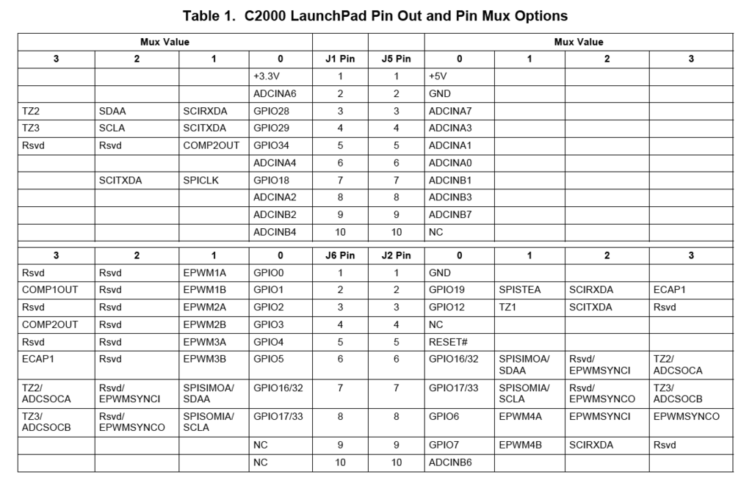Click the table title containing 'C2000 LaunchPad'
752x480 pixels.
pyautogui.click(x=375, y=15)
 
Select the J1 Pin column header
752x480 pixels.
pyautogui.click(x=340, y=59)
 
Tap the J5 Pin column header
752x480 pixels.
pyautogui.click(x=396, y=59)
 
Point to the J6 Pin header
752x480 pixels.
pyautogui.click(x=340, y=255)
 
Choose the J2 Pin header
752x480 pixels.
pyautogui.click(x=396, y=255)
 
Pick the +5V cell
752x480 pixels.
pyautogui.click(x=438, y=76)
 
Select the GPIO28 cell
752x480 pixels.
pyautogui.click(x=272, y=111)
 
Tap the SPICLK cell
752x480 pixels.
pyautogui.click(x=200, y=180)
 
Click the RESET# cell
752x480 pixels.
pyautogui.click(x=446, y=342)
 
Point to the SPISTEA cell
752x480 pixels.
pyautogui.click(x=519, y=290)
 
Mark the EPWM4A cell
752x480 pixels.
pyautogui.click(x=519, y=416)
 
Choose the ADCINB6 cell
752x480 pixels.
pyautogui.click(x=450, y=462)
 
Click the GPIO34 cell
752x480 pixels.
pyautogui.click(x=272, y=145)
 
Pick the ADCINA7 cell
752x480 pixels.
pyautogui.click(x=450, y=111)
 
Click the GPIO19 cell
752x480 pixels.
pyautogui.click(x=446, y=290)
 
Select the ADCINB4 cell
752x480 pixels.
pyautogui.click(x=275, y=232)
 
